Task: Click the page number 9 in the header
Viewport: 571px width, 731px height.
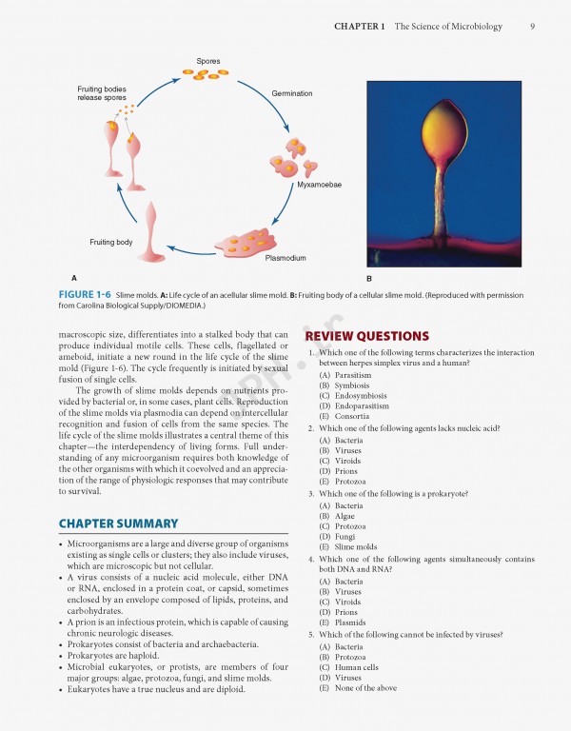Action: pos(532,27)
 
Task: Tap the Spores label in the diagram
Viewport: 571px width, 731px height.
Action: pos(208,62)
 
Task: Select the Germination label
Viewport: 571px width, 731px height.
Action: pos(292,94)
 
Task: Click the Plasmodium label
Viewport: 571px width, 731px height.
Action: pos(285,258)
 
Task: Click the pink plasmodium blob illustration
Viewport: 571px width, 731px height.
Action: pos(249,242)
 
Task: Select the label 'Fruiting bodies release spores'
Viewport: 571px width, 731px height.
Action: pos(101,93)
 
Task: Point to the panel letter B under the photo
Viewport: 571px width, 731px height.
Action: pos(369,279)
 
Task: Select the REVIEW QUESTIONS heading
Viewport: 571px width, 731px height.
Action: pos(366,336)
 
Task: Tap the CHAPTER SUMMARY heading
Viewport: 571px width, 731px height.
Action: pos(118,524)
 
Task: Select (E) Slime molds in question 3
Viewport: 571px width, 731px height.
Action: pos(348,547)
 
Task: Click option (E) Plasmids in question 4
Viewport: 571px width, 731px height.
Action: pos(344,622)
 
